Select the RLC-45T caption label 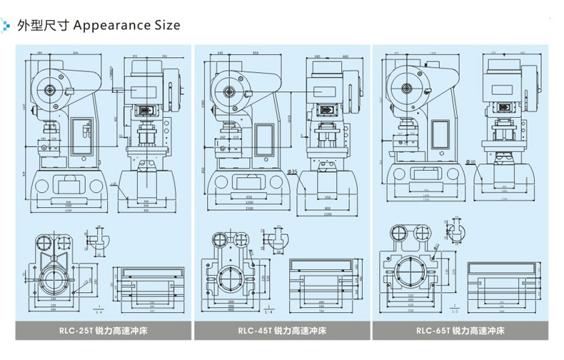(x=282, y=331)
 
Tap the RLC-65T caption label (x=460, y=331)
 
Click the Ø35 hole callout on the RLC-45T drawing (x=292, y=172)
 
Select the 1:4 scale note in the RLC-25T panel (x=98, y=311)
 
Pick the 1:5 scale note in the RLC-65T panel (x=455, y=311)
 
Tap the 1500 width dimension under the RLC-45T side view (x=249, y=209)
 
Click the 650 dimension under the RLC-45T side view (x=249, y=196)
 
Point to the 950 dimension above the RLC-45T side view (x=256, y=54)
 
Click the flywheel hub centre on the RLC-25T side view (x=51, y=90)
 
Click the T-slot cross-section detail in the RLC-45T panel (x=273, y=240)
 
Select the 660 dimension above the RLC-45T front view (x=345, y=56)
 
